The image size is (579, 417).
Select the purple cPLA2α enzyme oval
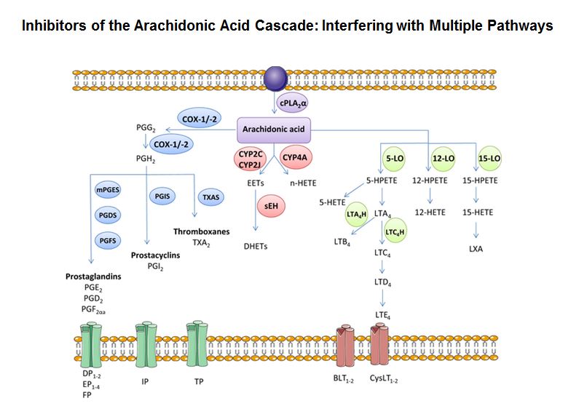(x=289, y=104)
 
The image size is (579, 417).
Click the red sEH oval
(x=270, y=207)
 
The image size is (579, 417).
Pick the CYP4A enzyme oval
(x=298, y=158)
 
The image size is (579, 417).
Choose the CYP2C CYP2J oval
(x=253, y=159)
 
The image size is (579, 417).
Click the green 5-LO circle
(x=393, y=159)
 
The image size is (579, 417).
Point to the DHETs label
(x=256, y=247)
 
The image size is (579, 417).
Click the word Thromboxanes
(x=201, y=231)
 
